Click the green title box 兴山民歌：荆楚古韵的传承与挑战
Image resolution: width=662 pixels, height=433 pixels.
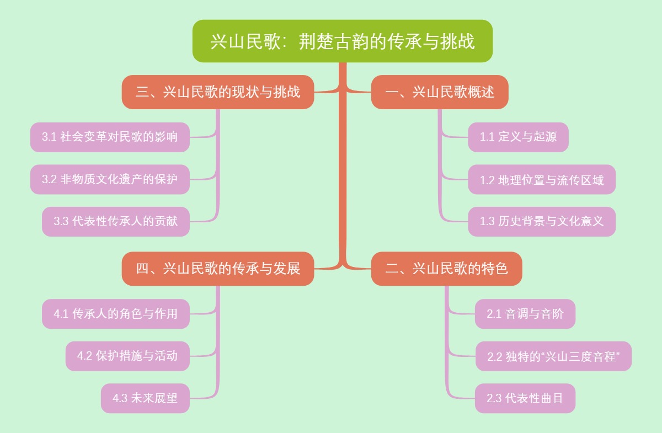tap(342, 41)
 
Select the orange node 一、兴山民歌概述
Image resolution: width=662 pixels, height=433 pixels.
tap(440, 92)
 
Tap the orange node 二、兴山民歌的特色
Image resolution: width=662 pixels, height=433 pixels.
tap(446, 269)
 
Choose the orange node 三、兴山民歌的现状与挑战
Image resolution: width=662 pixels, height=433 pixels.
tap(218, 92)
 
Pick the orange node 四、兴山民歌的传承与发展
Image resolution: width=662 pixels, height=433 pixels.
tap(218, 269)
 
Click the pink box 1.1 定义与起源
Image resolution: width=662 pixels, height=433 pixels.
tap(518, 137)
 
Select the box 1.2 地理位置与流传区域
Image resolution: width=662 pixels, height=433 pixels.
tap(542, 179)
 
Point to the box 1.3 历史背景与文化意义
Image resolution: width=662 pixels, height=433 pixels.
tap(542, 221)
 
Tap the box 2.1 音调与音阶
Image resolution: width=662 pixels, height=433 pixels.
tap(525, 314)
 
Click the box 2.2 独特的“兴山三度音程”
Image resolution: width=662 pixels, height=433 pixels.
tap(553, 356)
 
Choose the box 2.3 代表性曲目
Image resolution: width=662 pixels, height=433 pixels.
tap(525, 398)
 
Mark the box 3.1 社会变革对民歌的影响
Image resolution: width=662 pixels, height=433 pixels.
tap(110, 137)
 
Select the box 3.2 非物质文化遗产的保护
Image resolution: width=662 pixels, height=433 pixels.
tap(110, 179)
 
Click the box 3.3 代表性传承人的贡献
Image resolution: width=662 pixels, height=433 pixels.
tap(116, 221)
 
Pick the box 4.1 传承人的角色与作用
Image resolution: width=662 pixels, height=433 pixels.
tap(116, 314)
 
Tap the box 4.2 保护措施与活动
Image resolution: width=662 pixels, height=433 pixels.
tap(127, 356)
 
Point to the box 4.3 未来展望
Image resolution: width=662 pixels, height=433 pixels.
tap(145, 398)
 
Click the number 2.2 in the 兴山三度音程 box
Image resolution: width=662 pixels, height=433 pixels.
tap(495, 357)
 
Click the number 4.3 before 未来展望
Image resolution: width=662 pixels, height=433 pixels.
tap(120, 398)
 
